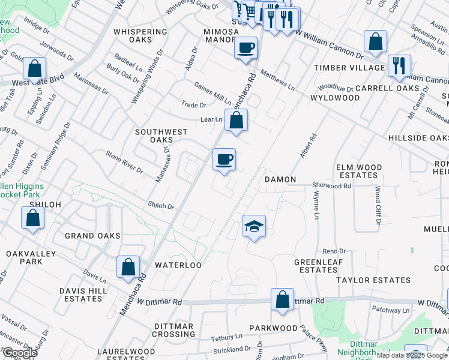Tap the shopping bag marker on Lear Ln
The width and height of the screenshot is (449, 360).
[x=237, y=120]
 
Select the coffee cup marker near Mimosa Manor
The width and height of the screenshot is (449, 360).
[x=245, y=47]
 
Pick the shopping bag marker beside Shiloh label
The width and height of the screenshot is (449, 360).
[x=33, y=218]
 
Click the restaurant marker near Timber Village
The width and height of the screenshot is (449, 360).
[x=399, y=65]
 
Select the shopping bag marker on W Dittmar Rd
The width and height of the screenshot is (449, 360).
[x=282, y=299]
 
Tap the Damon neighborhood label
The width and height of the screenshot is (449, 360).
[x=280, y=179]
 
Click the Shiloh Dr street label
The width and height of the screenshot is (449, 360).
[x=161, y=206]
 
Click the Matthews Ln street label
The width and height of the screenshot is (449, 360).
[x=277, y=80]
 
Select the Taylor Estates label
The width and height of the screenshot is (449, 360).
[x=373, y=280]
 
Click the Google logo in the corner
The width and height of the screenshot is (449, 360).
[x=19, y=353]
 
